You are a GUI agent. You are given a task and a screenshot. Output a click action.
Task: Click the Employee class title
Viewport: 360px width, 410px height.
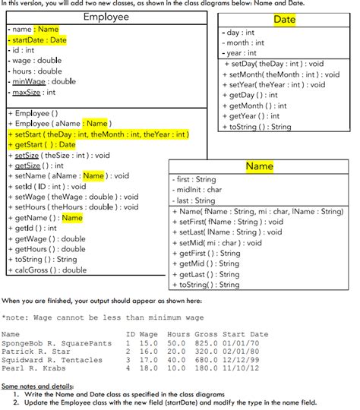(x=106, y=17)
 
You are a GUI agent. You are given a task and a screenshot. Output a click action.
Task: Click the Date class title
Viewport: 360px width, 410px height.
(x=284, y=19)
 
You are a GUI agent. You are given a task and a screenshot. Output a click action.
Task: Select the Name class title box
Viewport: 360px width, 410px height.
(x=260, y=166)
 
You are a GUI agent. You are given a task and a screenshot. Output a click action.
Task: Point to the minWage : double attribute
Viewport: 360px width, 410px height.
(x=43, y=81)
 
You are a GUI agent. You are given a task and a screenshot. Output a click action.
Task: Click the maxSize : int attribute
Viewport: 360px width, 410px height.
(x=34, y=92)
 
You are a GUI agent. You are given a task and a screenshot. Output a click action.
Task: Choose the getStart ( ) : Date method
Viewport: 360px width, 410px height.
(x=43, y=144)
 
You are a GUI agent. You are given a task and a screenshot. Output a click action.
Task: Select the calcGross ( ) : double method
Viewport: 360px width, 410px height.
(x=49, y=270)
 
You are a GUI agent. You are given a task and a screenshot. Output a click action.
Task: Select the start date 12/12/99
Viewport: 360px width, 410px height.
(x=250, y=360)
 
